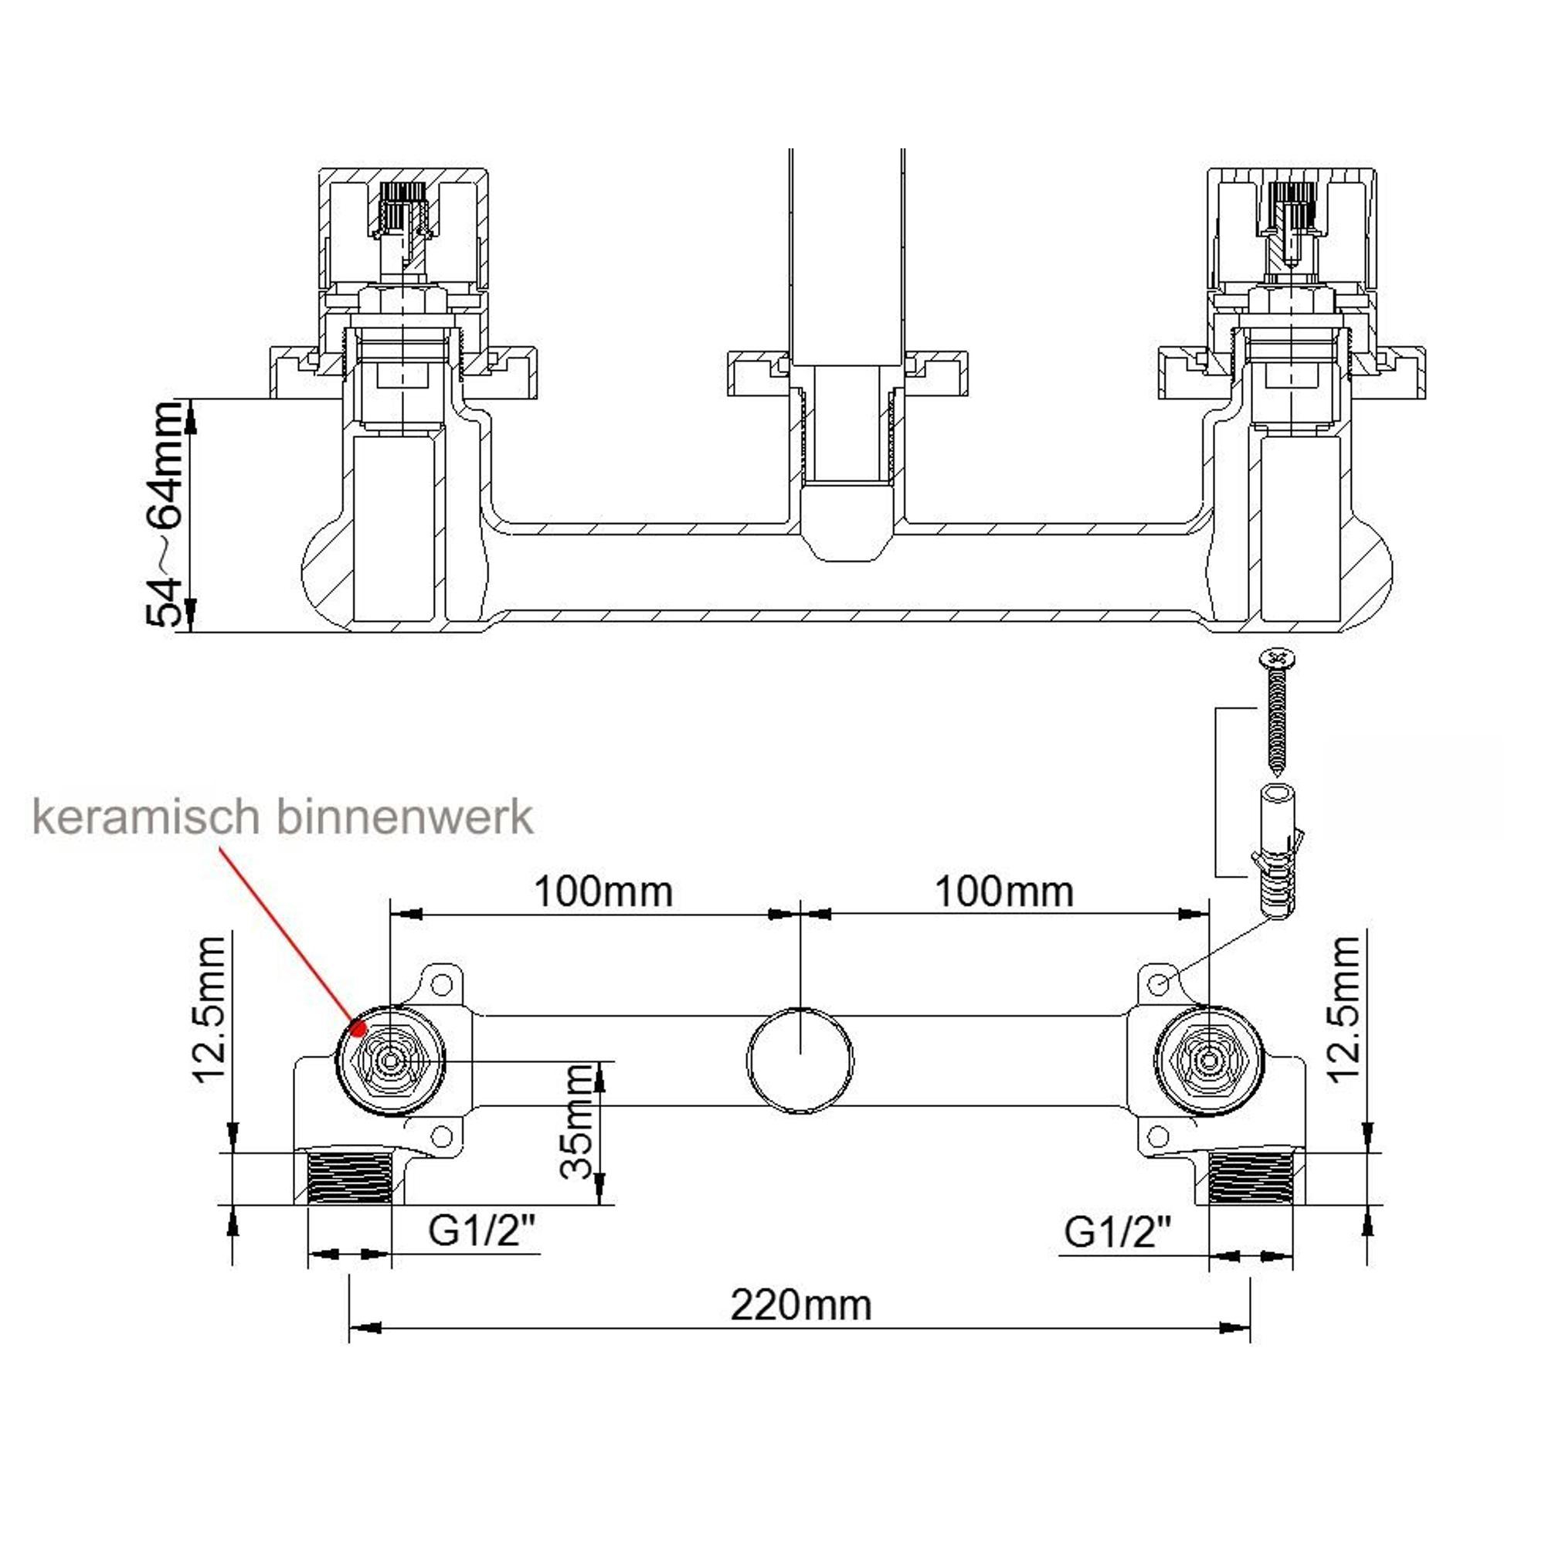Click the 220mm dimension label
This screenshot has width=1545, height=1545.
[x=800, y=1306]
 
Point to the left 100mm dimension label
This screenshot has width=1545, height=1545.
[x=603, y=891]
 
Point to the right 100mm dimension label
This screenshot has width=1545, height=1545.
[x=1003, y=891]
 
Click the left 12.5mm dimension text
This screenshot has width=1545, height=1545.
[x=211, y=1009]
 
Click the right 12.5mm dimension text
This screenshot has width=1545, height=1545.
[x=1343, y=1009]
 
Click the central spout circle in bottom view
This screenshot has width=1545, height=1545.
[x=800, y=1061]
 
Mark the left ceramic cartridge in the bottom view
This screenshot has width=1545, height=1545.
[x=390, y=1061]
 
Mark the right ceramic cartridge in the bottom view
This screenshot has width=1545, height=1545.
[x=1208, y=1061]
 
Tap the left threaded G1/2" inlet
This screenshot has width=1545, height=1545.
[x=348, y=1177]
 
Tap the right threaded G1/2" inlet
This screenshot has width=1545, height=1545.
[x=1251, y=1177]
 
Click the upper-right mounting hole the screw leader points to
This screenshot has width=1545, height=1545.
[x=1159, y=983]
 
